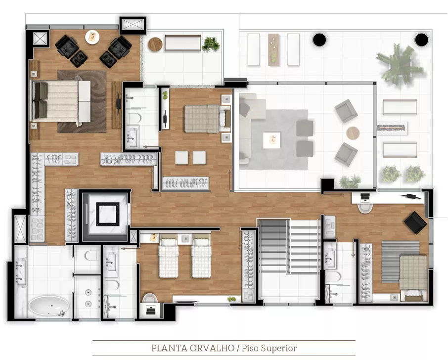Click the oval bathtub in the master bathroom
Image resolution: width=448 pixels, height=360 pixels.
[x=49, y=306]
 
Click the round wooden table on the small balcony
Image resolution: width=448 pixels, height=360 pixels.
[x=155, y=45]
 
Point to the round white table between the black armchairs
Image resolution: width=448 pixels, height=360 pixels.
[x=92, y=37]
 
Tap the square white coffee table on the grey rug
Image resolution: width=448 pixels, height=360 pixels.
[x=271, y=140]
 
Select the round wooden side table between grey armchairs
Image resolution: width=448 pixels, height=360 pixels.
[x=353, y=133]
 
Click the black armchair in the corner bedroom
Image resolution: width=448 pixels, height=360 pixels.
[x=415, y=223]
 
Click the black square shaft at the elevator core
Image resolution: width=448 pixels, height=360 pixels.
[x=107, y=214]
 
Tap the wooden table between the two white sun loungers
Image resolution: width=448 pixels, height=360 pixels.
[x=273, y=50]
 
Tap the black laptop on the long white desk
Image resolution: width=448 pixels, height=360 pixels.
[x=364, y=196]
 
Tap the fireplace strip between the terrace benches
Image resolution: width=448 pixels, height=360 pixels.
[x=392, y=128]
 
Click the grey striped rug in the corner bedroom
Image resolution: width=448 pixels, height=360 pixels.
[x=400, y=262]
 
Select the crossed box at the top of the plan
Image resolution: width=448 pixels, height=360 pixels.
[x=133, y=24]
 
